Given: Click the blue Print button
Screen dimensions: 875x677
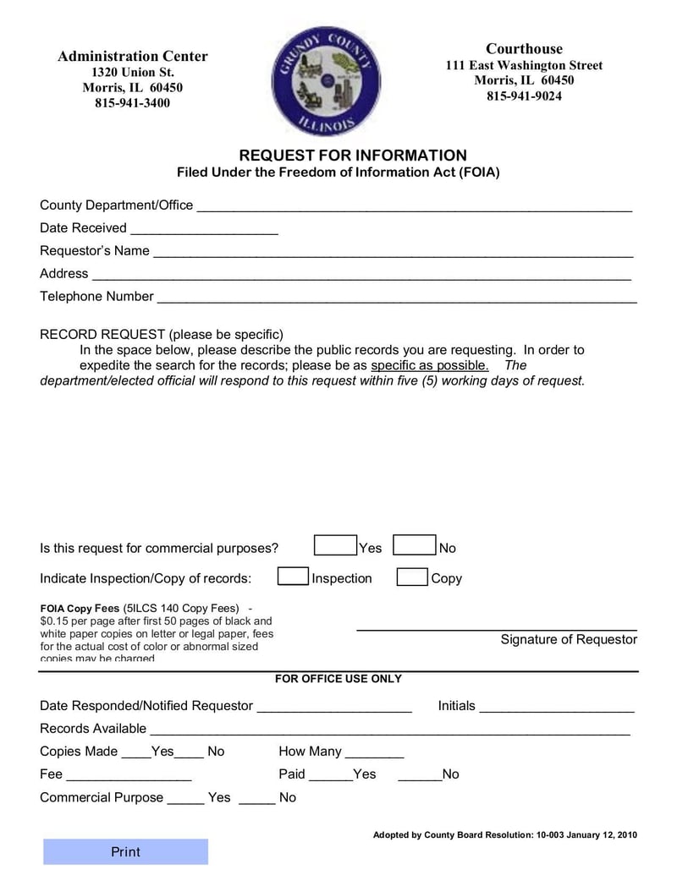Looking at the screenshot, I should pyautogui.click(x=125, y=852).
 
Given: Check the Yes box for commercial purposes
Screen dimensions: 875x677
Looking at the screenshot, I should pyautogui.click(x=335, y=546).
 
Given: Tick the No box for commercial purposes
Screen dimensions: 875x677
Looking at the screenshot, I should pyautogui.click(x=416, y=546).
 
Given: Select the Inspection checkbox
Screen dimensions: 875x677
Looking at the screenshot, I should pyautogui.click(x=293, y=577).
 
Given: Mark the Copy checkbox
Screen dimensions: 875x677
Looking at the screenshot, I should pyautogui.click(x=412, y=577).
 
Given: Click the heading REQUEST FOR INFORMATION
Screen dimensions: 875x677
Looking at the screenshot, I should pyautogui.click(x=352, y=156).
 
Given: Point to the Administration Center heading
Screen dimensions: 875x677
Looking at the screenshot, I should pyautogui.click(x=132, y=57).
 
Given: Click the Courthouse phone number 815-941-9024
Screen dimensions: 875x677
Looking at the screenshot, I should pyautogui.click(x=524, y=96).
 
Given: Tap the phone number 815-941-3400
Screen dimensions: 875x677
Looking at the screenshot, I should pyautogui.click(x=132, y=103).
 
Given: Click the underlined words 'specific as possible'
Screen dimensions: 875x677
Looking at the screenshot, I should pyautogui.click(x=430, y=365).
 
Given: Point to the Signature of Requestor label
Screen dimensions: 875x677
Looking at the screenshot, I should pyautogui.click(x=568, y=639).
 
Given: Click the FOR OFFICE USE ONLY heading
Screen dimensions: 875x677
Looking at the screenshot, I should pyautogui.click(x=338, y=679).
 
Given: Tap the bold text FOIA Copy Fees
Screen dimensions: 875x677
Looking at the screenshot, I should pyautogui.click(x=80, y=609).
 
